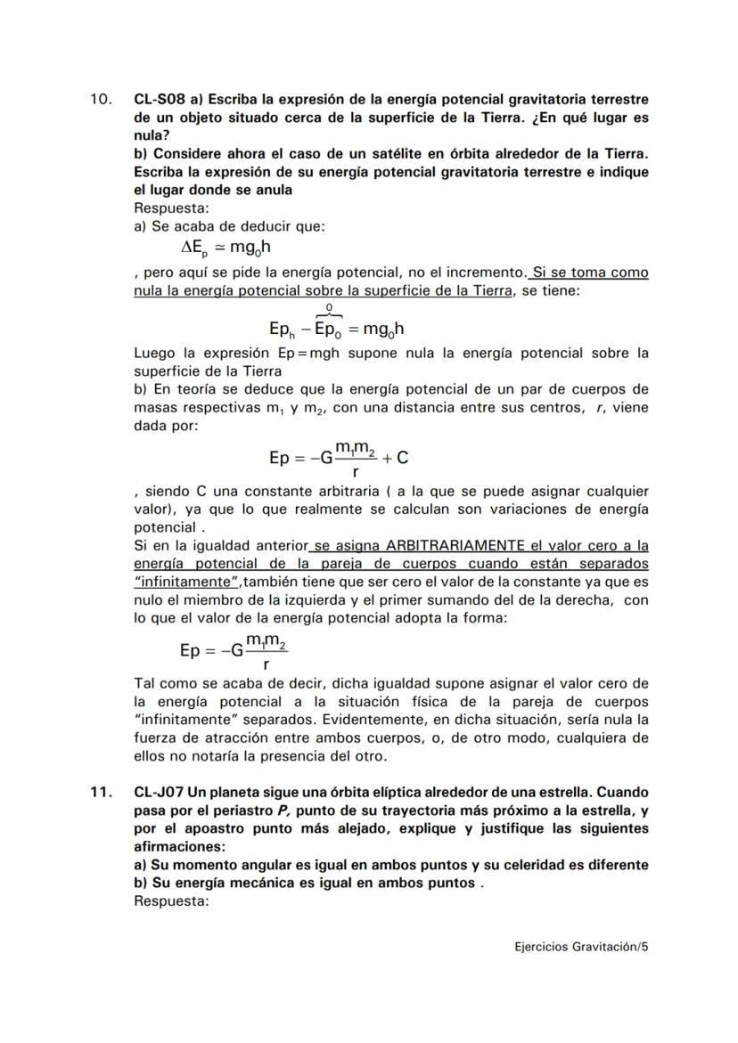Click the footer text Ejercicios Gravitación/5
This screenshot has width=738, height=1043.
click(x=581, y=947)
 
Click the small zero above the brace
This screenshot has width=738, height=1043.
click(x=329, y=307)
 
